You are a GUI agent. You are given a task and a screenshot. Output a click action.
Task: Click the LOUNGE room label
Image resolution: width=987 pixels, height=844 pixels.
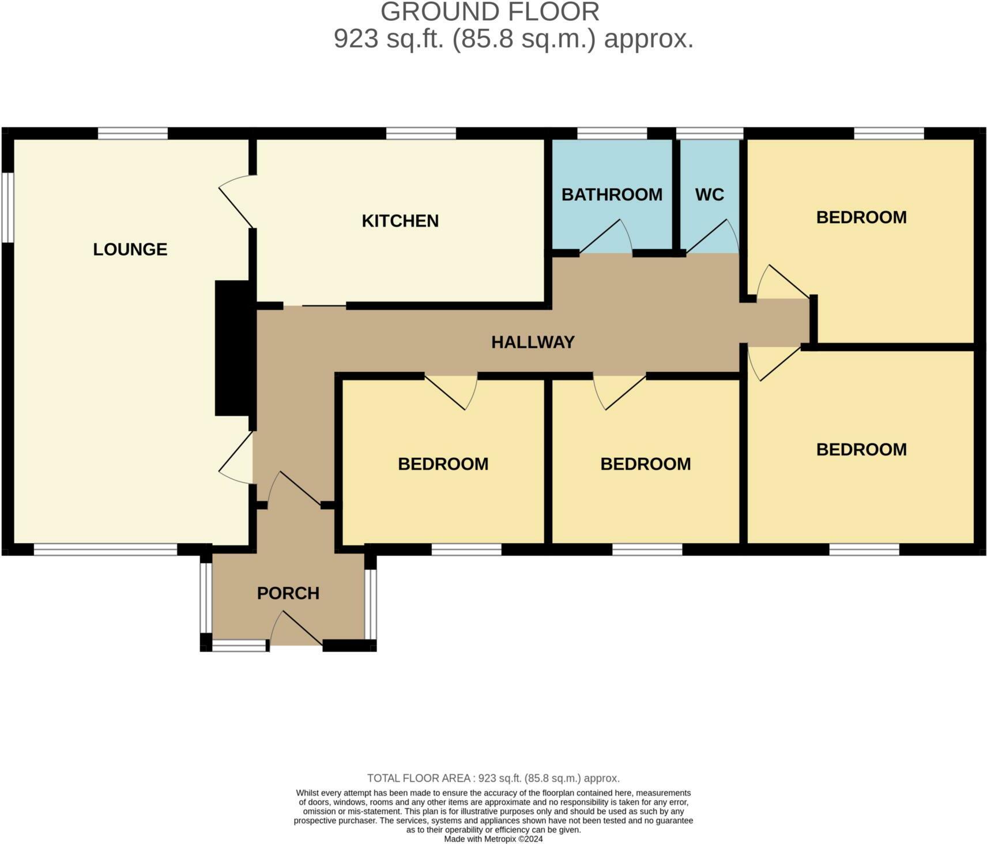point(130,249)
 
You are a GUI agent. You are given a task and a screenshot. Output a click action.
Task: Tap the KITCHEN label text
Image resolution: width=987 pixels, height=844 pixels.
point(400,221)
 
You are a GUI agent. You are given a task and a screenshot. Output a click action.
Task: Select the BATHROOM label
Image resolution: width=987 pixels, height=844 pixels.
point(612,195)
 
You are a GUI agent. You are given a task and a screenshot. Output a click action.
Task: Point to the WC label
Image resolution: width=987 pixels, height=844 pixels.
point(709,195)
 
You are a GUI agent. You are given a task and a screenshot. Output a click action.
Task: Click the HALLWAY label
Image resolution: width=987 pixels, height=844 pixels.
point(533,342)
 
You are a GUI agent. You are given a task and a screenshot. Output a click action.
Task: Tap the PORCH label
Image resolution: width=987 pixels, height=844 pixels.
point(288,593)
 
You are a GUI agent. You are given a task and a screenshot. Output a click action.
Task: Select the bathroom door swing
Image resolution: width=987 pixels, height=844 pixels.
point(605,238)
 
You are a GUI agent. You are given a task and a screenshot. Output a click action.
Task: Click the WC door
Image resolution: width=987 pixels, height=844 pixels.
point(712,236)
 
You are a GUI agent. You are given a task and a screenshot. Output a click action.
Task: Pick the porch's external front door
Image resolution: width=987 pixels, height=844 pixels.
point(296,630)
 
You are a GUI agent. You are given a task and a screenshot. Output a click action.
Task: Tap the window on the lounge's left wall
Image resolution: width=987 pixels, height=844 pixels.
point(7,207)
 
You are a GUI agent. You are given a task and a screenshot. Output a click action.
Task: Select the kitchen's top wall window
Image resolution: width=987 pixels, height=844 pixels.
point(421,133)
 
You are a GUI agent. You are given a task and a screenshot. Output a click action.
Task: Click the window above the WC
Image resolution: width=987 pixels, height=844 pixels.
point(709,133)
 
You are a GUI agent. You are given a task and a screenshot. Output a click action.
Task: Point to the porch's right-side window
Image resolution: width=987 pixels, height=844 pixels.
point(371,604)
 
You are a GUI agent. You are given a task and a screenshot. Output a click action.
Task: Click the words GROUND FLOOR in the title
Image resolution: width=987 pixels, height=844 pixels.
point(489,12)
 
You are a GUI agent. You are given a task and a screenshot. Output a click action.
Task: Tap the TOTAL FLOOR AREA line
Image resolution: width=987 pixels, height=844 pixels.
point(493,778)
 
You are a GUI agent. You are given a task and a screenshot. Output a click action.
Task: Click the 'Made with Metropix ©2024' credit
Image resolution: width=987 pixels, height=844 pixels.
point(493,839)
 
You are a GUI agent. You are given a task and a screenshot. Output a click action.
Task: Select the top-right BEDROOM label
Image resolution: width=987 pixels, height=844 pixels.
point(861,217)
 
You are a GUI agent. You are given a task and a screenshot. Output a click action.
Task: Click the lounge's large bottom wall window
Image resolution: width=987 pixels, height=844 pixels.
point(106,549)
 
